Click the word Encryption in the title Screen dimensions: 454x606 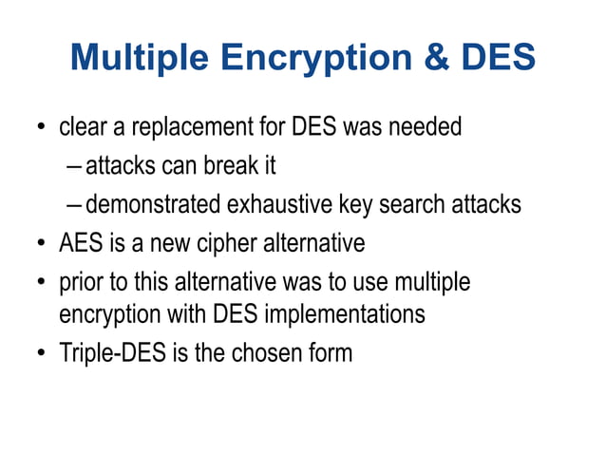[320, 59]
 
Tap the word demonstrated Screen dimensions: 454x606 [152, 204]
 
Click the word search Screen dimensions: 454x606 [425, 204]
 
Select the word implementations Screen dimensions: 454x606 [353, 313]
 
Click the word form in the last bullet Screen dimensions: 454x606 [330, 353]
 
